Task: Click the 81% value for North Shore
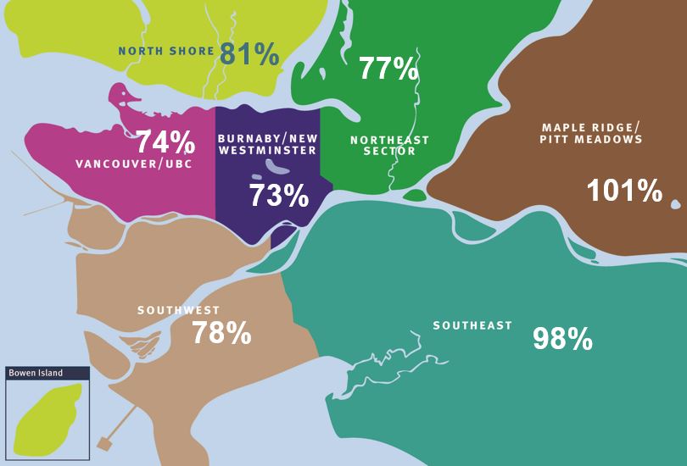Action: pyautogui.click(x=249, y=54)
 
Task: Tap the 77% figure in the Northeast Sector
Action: pyautogui.click(x=388, y=69)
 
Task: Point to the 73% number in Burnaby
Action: pyautogui.click(x=278, y=196)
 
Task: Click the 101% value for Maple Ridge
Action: pyautogui.click(x=624, y=191)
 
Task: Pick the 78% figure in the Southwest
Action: pyautogui.click(x=221, y=333)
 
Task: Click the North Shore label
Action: pyautogui.click(x=166, y=51)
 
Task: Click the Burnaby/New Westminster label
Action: pyautogui.click(x=267, y=144)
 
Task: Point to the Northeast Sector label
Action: pyautogui.click(x=389, y=146)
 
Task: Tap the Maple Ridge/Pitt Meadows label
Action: pyautogui.click(x=590, y=133)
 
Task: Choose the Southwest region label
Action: pyautogui.click(x=179, y=311)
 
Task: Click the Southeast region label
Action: pyautogui.click(x=472, y=325)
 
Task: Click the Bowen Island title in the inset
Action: pyautogui.click(x=36, y=373)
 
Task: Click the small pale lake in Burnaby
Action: pyautogui.click(x=276, y=169)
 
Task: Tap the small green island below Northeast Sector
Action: pyautogui.click(x=415, y=196)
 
